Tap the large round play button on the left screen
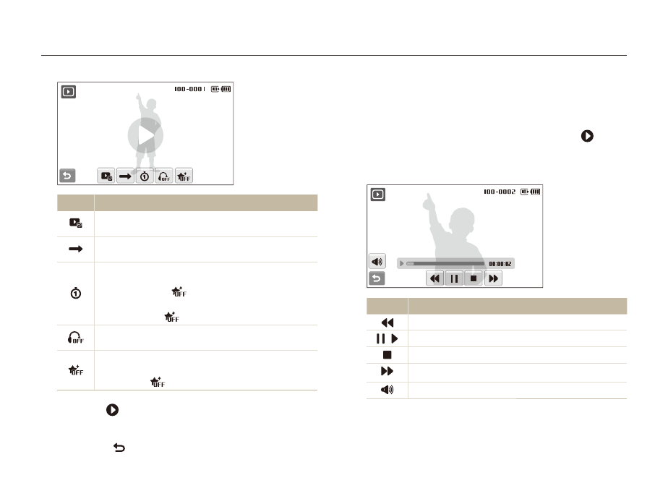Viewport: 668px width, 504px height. [145, 135]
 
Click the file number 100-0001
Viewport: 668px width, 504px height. [189, 89]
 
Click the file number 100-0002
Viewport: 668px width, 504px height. [500, 192]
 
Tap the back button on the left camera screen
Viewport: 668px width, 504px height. [67, 176]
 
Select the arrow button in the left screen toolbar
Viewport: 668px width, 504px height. [125, 176]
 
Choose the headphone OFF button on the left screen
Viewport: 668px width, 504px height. [164, 176]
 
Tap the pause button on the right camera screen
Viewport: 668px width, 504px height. [454, 278]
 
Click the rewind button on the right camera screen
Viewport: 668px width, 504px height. [434, 278]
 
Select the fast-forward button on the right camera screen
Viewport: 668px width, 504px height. [493, 278]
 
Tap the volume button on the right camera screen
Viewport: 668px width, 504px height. [377, 262]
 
